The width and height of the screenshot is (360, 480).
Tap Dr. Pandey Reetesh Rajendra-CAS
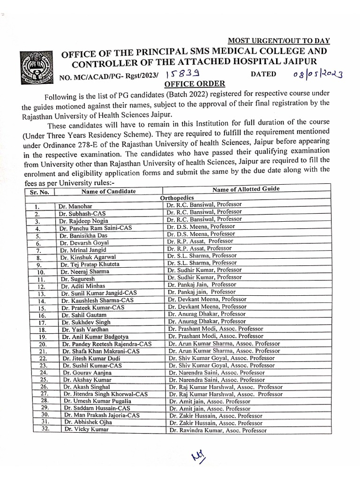(107, 344)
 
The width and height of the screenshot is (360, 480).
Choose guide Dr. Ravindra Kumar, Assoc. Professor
(218, 430)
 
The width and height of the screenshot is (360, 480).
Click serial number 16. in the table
(41, 315)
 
